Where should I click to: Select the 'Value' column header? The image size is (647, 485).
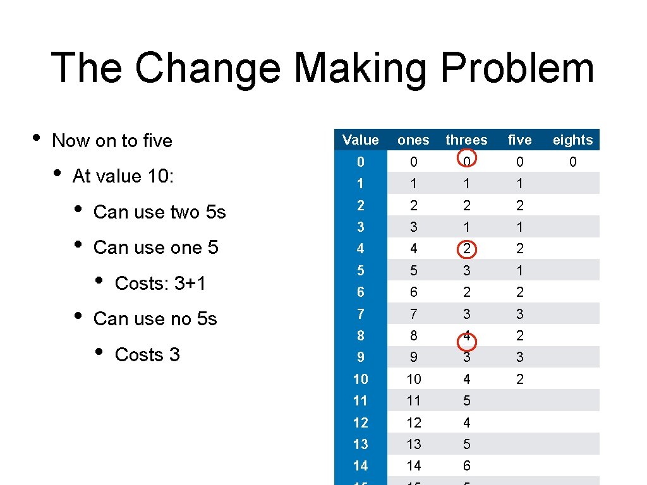click(x=360, y=140)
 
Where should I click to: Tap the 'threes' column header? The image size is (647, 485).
click(x=466, y=140)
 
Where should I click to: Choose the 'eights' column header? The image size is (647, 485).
click(x=572, y=140)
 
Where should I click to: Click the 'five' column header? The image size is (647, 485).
click(x=519, y=140)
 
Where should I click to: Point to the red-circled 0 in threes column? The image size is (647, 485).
click(x=466, y=162)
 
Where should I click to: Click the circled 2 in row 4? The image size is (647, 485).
click(x=466, y=249)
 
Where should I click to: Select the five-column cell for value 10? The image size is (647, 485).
click(x=519, y=379)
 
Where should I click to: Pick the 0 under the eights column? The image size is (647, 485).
click(x=572, y=162)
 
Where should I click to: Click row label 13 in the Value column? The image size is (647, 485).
click(x=360, y=444)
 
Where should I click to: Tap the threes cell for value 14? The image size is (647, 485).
click(x=466, y=466)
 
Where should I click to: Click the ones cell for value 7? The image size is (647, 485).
click(x=413, y=314)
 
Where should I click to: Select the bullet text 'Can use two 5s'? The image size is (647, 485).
click(x=159, y=212)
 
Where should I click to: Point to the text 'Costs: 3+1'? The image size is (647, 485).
click(x=160, y=284)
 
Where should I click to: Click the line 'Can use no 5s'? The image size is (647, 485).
click(x=155, y=319)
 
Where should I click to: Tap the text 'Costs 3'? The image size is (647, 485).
click(x=147, y=355)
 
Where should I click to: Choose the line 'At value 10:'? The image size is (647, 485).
click(x=123, y=176)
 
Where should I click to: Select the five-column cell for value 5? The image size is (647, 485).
click(x=519, y=271)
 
